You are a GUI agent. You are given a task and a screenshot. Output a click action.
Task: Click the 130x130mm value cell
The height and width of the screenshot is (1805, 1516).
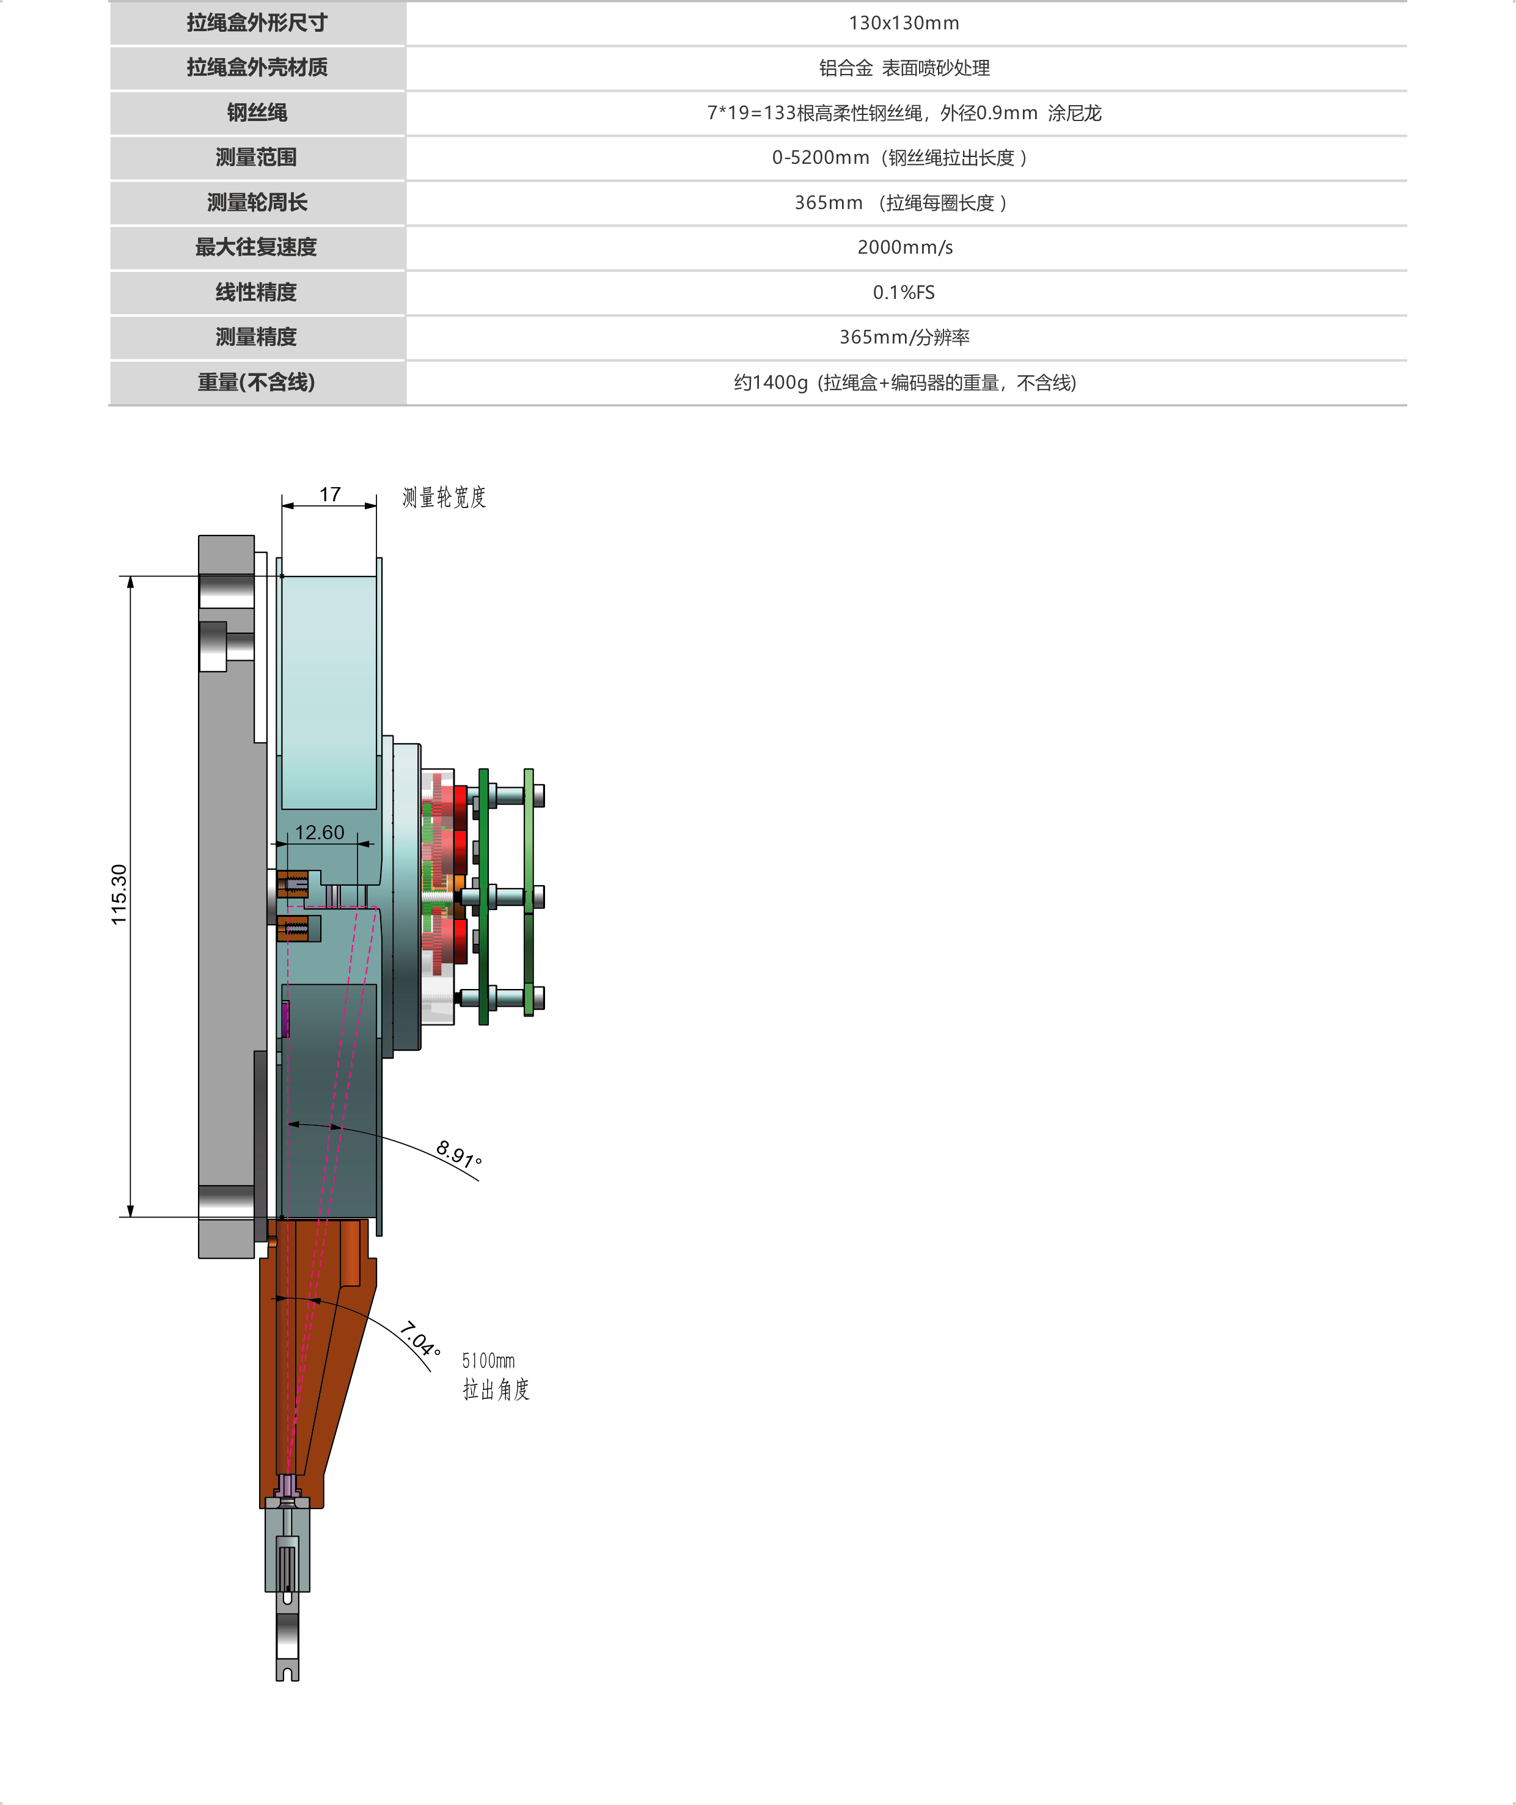point(904,23)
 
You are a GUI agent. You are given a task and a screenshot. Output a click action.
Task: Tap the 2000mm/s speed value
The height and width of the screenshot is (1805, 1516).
point(905,248)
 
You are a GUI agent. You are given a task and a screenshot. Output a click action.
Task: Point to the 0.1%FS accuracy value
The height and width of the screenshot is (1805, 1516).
point(904,292)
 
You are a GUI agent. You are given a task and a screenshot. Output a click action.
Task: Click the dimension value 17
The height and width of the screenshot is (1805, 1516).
point(330,494)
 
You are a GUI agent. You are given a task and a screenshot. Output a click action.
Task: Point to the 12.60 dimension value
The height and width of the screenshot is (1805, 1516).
point(320,832)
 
